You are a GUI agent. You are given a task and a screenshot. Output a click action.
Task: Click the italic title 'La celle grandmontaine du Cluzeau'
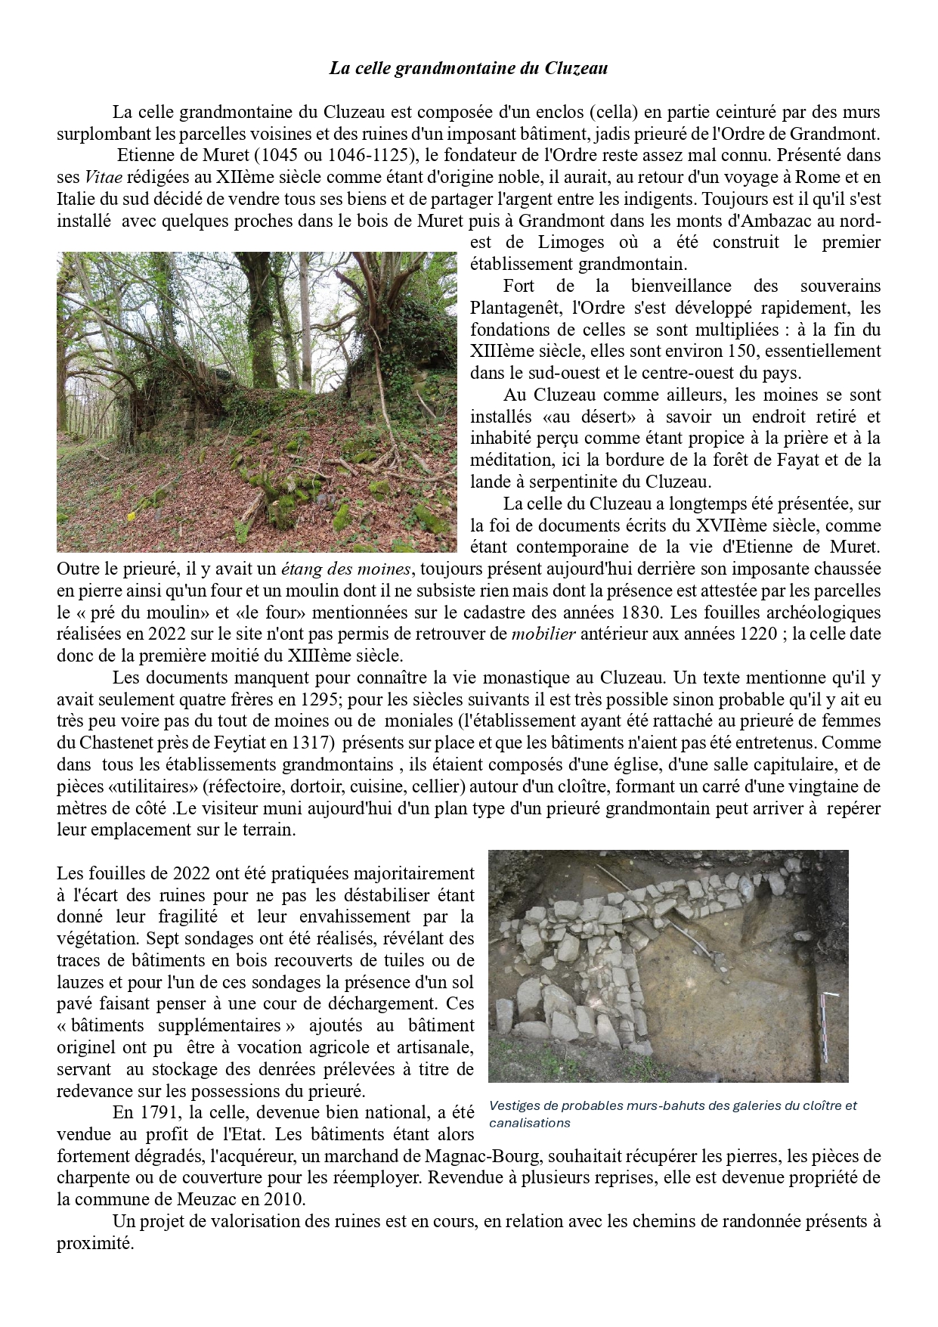point(469,69)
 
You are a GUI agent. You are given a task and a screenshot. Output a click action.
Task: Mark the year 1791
point(156,1113)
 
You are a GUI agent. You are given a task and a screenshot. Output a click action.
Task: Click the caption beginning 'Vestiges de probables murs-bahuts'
point(673,1114)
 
